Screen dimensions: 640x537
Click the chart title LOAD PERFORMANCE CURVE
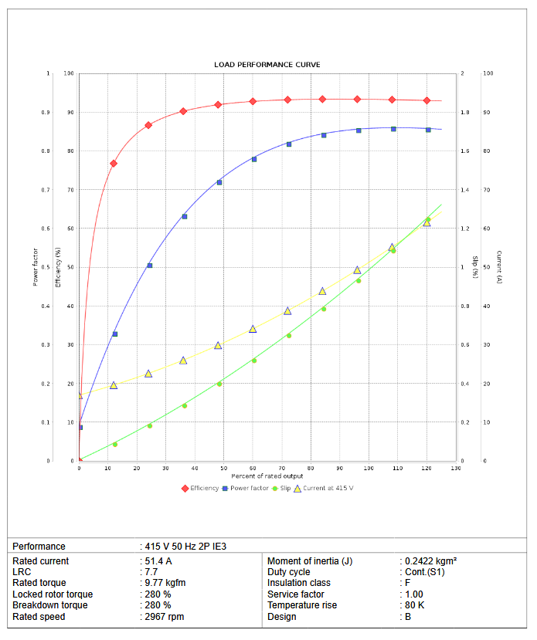tap(267, 65)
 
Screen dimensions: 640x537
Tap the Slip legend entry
tap(285, 488)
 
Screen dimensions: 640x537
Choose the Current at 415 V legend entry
tap(323, 488)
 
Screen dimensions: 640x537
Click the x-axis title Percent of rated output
tap(267, 477)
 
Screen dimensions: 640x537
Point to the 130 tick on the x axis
tap(456, 469)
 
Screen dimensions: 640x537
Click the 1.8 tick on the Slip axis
tap(464, 113)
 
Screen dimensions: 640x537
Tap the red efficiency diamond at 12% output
tap(114, 164)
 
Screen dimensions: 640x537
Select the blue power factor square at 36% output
tap(184, 216)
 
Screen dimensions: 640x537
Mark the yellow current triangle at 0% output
tap(79, 395)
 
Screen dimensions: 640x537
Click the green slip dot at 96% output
tap(358, 280)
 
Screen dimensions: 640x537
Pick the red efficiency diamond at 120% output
tap(427, 100)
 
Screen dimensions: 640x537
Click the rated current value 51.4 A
tap(158, 561)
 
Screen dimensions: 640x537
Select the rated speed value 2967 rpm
tap(165, 617)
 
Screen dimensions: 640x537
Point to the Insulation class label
tap(299, 584)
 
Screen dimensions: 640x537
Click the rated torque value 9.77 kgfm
tap(165, 584)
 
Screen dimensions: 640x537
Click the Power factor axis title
tap(36, 266)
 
